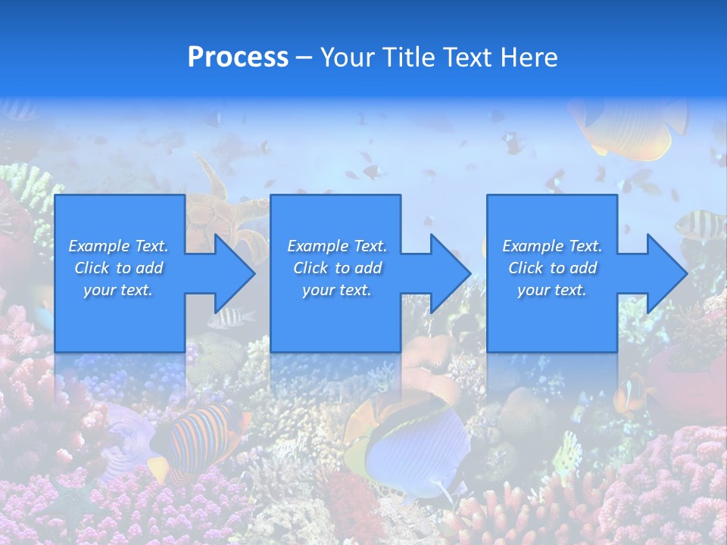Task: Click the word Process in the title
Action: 238,58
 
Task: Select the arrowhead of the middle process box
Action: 449,273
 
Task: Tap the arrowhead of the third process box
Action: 666,273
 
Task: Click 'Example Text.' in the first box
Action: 118,246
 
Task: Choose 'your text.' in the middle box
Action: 336,290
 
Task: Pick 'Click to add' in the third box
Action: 552,268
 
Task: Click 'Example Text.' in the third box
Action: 552,246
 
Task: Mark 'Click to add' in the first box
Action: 118,268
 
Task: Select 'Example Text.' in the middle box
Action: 336,246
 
